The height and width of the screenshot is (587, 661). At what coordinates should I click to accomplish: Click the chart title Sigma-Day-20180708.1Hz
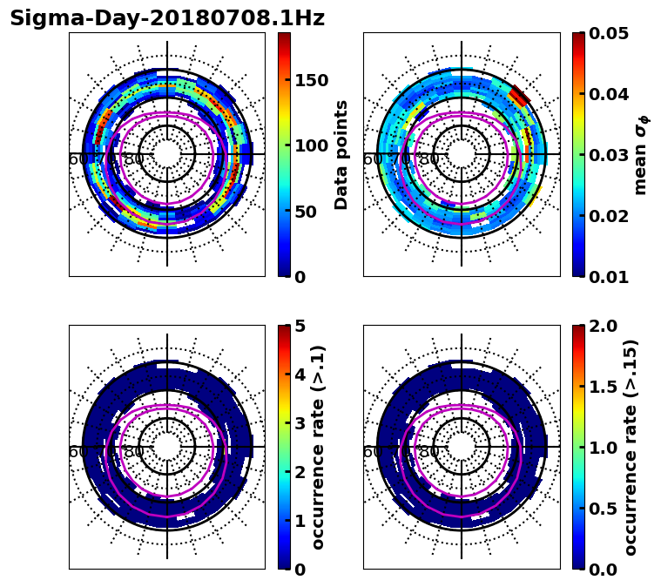tap(167, 18)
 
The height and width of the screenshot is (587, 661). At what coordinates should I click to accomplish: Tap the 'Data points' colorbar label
tap(341, 154)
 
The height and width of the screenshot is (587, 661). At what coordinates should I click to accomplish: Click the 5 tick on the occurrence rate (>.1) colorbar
tap(299, 326)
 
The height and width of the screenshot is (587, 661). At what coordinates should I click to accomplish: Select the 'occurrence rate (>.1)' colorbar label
tap(318, 447)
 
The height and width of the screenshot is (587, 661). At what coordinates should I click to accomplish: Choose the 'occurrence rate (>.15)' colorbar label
tap(631, 447)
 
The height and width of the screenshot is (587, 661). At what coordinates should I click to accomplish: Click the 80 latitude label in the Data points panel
tap(134, 159)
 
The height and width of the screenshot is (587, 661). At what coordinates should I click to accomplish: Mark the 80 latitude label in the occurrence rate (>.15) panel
tap(428, 452)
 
